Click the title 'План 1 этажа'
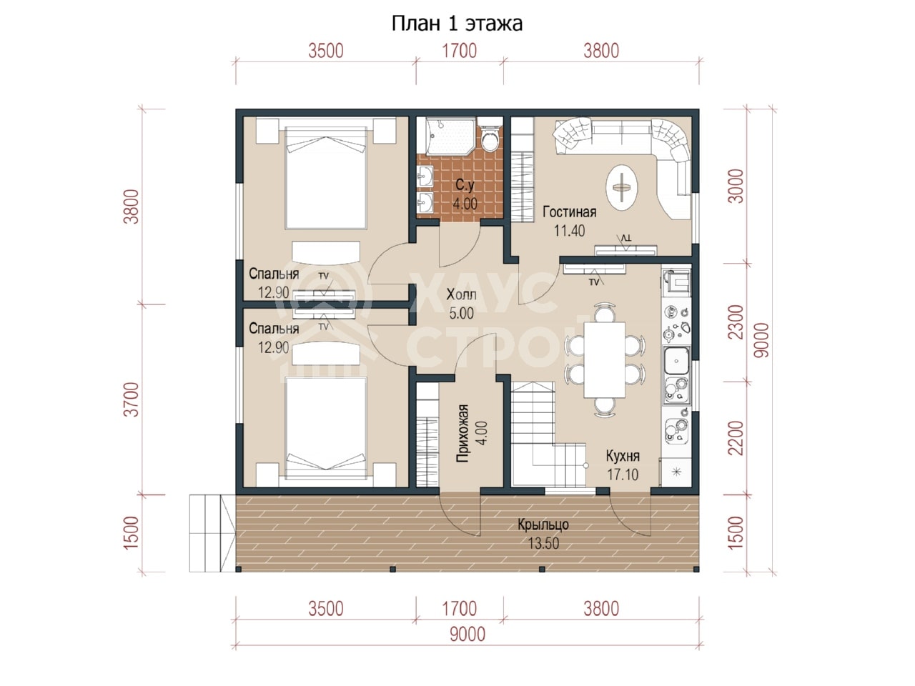click(457, 24)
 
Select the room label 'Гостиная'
click(569, 212)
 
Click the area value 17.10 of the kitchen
click(623, 474)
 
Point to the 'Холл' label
click(461, 295)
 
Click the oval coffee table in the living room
click(621, 188)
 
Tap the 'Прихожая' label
click(463, 433)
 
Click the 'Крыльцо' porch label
click(543, 525)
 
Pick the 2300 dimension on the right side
click(737, 322)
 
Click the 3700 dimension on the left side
click(133, 399)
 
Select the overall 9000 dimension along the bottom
click(468, 635)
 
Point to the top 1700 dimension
click(459, 51)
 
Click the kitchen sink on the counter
click(676, 361)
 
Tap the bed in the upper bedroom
click(325, 178)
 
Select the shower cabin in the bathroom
click(450, 136)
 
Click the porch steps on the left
click(212, 533)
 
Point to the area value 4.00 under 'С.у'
click(465, 204)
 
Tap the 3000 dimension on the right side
click(737, 187)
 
